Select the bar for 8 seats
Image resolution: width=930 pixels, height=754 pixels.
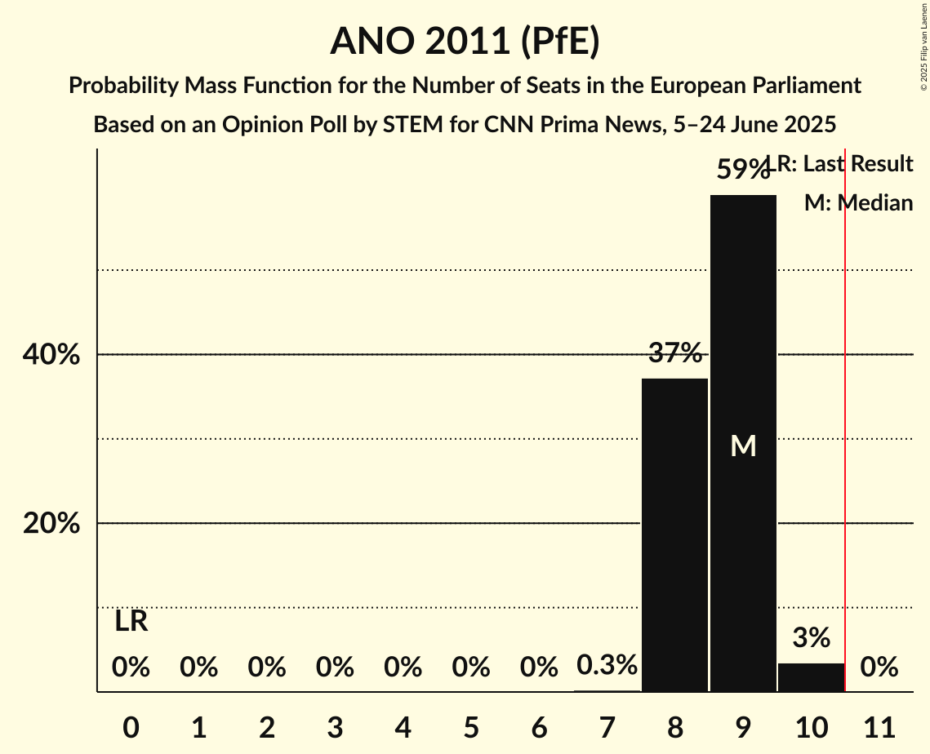tap(674, 534)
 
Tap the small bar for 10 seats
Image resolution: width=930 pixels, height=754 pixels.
tap(811, 677)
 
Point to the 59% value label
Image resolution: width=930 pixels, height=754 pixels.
tap(742, 170)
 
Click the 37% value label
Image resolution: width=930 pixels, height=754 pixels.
tap(675, 353)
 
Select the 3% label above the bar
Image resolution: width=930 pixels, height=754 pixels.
tap(811, 637)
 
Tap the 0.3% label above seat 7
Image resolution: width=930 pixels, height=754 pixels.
tap(607, 665)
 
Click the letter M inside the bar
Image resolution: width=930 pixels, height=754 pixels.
tap(743, 446)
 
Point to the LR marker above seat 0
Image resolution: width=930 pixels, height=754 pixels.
tap(131, 622)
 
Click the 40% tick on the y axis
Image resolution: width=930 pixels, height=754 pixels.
tap(51, 355)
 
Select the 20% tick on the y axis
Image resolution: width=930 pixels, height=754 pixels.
tap(51, 523)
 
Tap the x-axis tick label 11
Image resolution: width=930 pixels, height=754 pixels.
tap(879, 726)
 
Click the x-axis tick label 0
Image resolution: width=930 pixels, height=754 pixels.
tap(131, 726)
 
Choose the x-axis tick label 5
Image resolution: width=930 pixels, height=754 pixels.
tap(470, 726)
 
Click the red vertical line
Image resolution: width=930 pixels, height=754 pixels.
tap(845, 424)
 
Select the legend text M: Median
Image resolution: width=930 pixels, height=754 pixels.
tap(858, 203)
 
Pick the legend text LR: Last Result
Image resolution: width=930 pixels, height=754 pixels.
tap(845, 164)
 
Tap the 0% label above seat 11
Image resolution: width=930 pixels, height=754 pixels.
tap(879, 668)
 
